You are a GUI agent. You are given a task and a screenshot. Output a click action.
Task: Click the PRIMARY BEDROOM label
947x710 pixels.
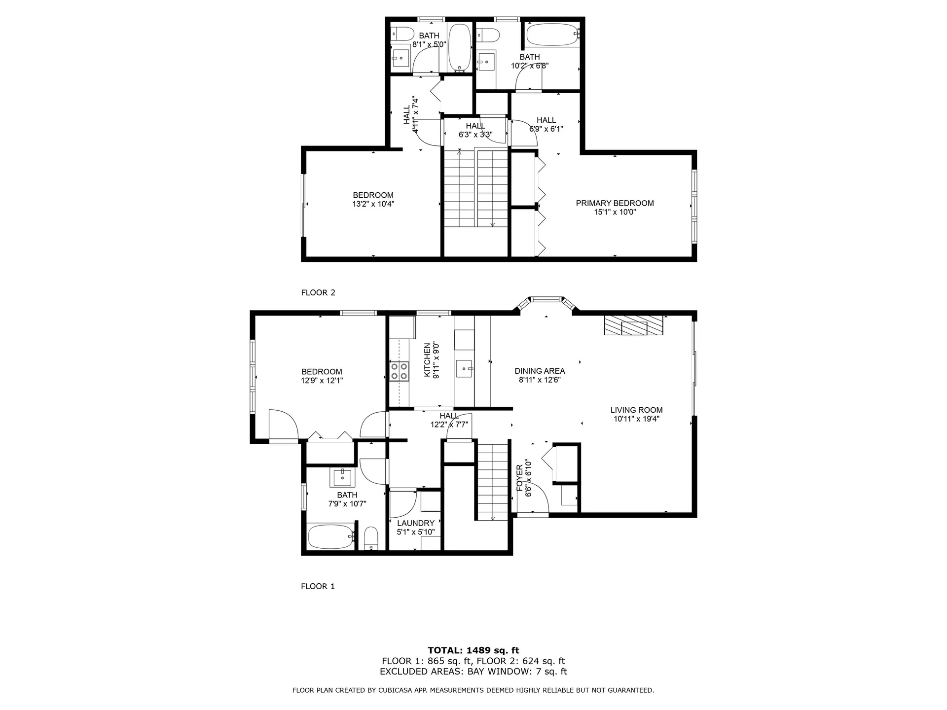pyautogui.click(x=615, y=203)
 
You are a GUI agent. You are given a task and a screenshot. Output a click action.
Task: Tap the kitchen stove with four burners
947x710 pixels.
pyautogui.click(x=400, y=371)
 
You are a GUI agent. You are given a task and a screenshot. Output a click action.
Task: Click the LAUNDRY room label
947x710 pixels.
pyautogui.click(x=415, y=523)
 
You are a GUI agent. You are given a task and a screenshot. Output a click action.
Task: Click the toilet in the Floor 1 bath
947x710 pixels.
pyautogui.click(x=370, y=538)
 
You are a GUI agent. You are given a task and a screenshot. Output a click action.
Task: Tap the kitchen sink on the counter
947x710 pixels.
pyautogui.click(x=464, y=368)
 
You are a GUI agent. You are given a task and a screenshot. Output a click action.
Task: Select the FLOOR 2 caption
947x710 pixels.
pyautogui.click(x=318, y=292)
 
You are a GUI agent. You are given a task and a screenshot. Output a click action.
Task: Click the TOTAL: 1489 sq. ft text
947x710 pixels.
pyautogui.click(x=473, y=650)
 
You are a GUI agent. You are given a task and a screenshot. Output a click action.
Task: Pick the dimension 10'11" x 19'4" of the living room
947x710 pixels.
pyautogui.click(x=636, y=419)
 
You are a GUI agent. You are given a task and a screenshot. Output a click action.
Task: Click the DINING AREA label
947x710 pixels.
pyautogui.click(x=540, y=371)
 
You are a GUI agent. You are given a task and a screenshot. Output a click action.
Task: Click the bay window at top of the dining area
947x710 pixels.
pyautogui.click(x=546, y=299)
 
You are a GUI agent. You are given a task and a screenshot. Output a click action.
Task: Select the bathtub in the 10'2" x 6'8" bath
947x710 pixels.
pyautogui.click(x=551, y=34)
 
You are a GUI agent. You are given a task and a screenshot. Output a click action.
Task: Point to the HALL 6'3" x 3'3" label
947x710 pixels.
pyautogui.click(x=475, y=126)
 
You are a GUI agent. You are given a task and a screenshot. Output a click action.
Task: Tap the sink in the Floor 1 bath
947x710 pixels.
pyautogui.click(x=342, y=477)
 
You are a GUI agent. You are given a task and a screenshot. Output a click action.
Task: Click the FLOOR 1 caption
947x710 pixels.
pyautogui.click(x=318, y=586)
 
